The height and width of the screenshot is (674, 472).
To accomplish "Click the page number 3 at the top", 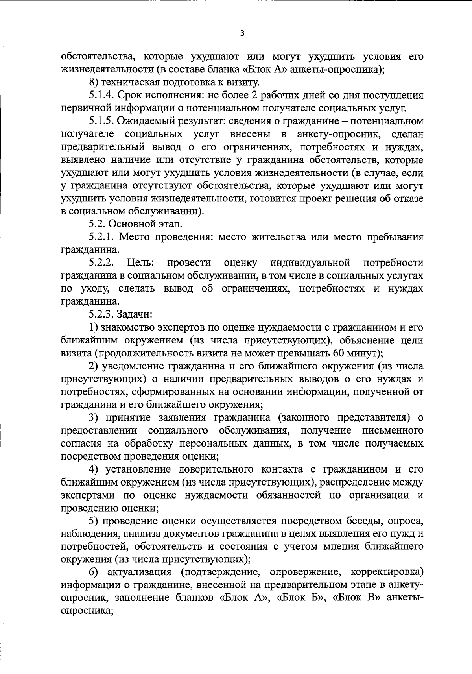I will (242, 33).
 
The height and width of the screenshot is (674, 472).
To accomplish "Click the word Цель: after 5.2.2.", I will (140, 263).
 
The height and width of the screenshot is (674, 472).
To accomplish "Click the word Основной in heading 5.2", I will (132, 224).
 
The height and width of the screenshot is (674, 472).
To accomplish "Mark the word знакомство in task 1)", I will (127, 327).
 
